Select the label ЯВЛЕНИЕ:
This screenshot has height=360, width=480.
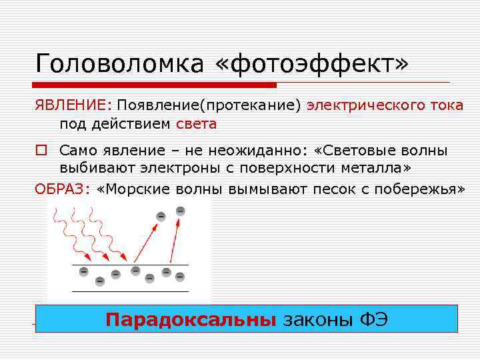[74, 106]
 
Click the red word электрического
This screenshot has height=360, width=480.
[363, 106]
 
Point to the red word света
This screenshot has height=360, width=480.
[197, 124]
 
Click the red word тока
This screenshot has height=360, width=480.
[445, 106]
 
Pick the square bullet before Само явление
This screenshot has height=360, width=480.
[41, 152]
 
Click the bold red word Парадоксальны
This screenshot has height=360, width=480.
[191, 320]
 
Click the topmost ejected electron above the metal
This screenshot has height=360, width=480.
[180, 211]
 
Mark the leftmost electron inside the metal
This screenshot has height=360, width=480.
[83, 271]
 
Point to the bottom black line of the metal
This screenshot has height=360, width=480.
[130, 291]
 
